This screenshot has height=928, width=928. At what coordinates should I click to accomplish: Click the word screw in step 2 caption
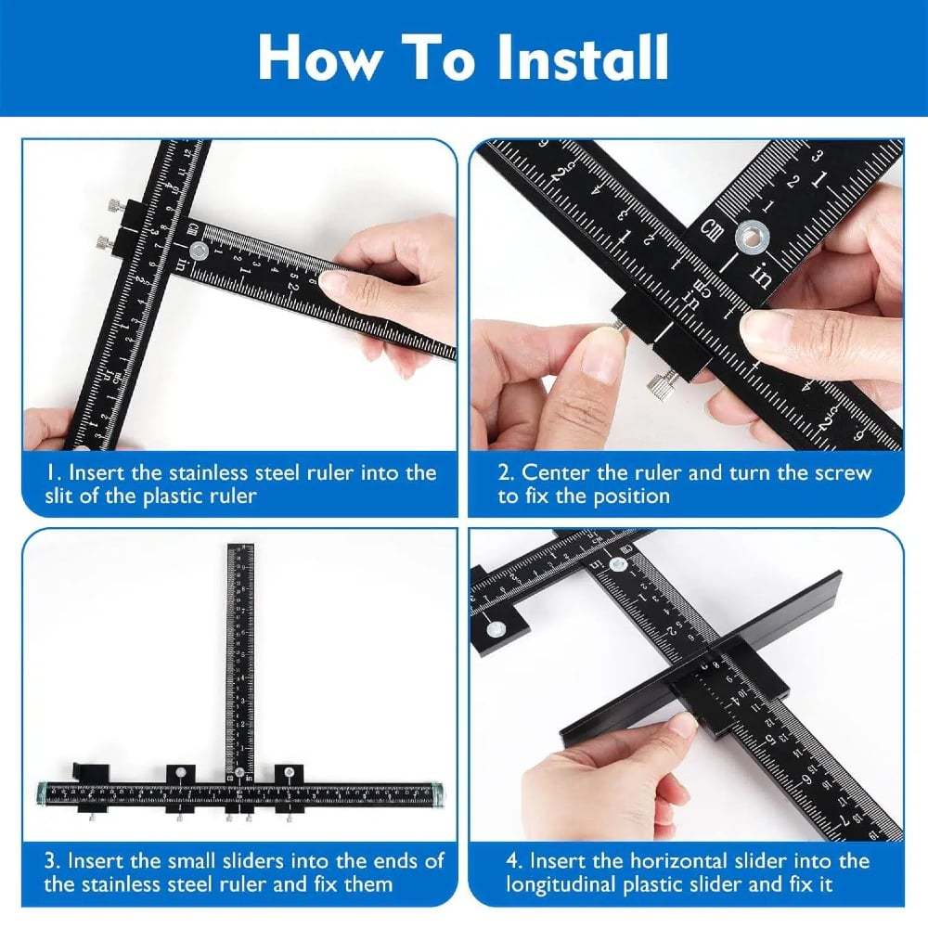point(841,473)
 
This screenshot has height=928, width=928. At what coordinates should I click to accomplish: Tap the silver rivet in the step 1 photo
point(198,251)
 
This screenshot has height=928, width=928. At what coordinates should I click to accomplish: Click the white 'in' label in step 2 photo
point(762,276)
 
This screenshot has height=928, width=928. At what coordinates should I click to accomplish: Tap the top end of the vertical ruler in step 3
point(240,550)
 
